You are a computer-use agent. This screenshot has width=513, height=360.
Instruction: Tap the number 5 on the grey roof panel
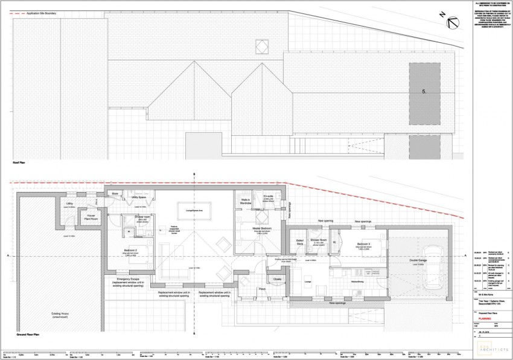click(x=425, y=91)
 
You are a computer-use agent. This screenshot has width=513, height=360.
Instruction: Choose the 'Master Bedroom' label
click(x=261, y=228)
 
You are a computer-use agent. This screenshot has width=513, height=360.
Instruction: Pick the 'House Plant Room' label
click(x=90, y=216)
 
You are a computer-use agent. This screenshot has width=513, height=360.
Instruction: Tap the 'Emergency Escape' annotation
click(x=128, y=280)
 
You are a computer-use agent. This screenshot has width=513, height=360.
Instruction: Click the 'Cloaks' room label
click(x=277, y=279)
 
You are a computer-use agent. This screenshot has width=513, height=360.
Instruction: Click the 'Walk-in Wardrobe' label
click(x=246, y=202)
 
